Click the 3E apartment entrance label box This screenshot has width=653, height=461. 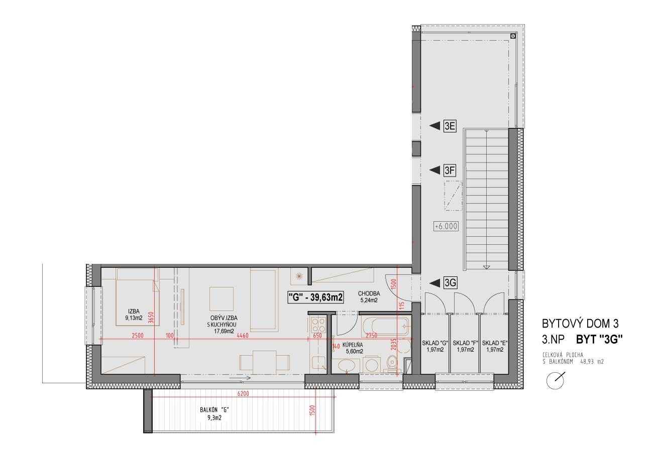pyautogui.click(x=450, y=126)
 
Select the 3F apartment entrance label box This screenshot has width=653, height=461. pyautogui.click(x=450, y=170)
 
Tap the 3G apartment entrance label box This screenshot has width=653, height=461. pyautogui.click(x=450, y=282)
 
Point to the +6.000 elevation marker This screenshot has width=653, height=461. pyautogui.click(x=446, y=226)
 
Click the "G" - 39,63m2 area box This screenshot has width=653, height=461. pyautogui.click(x=315, y=297)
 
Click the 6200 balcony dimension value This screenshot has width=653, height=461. pyautogui.click(x=243, y=394)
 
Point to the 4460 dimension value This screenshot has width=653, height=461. pyautogui.click(x=243, y=336)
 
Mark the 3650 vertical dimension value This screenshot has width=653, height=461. pyautogui.click(x=150, y=318)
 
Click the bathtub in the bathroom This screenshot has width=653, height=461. pyautogui.click(x=385, y=327)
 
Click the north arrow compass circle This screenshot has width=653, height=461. pyautogui.click(x=555, y=381)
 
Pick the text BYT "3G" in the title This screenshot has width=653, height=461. pyautogui.click(x=599, y=339)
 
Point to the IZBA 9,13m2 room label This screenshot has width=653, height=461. pyautogui.click(x=134, y=315)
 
